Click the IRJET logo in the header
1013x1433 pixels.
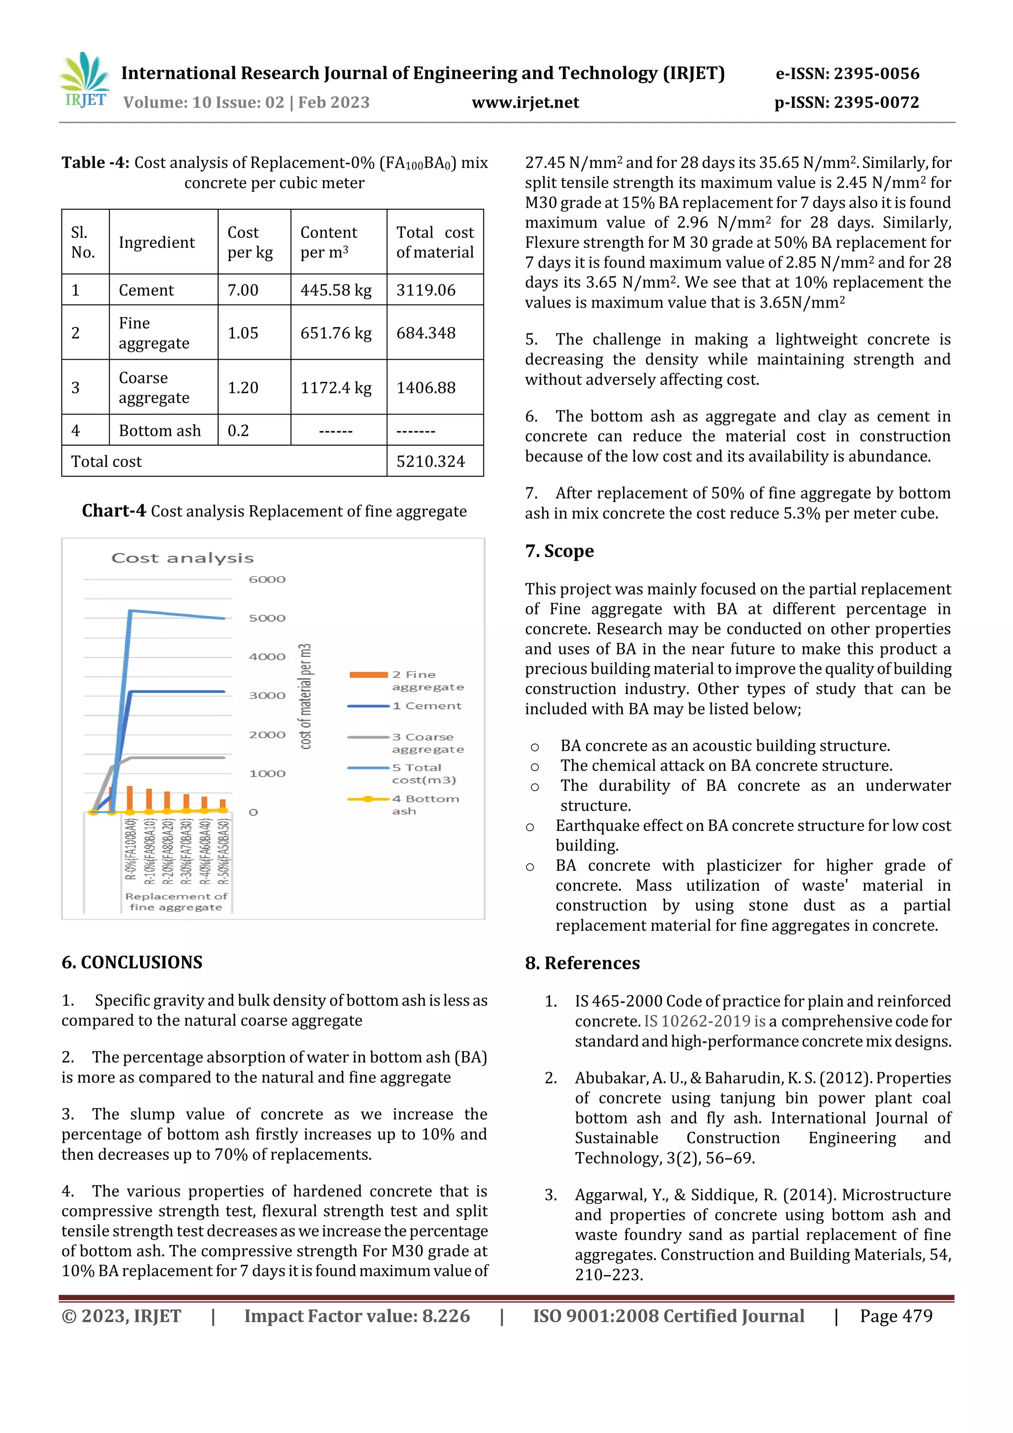pos(84,81)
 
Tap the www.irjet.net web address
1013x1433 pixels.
pos(525,102)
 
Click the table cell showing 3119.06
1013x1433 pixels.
pos(426,290)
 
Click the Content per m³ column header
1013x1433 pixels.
pos(329,242)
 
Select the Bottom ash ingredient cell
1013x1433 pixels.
pos(160,431)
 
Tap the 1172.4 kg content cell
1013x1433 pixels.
pos(336,388)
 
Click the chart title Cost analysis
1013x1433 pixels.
pos(182,558)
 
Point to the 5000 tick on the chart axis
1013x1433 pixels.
pos(267,618)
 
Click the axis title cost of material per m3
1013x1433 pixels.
pos(305,696)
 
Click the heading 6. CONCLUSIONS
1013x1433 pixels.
pos(132,963)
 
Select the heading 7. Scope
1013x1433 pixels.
pos(559,551)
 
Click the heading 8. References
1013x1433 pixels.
pos(582,963)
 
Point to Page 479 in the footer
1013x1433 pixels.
pos(896,1316)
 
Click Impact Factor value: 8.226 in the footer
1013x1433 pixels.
pos(357,1316)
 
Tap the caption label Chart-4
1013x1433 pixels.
pos(114,511)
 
